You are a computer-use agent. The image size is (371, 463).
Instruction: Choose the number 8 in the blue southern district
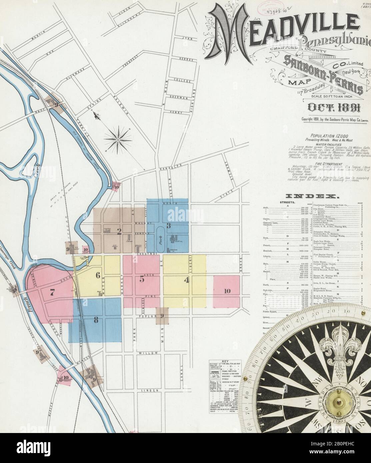(x=96, y=320)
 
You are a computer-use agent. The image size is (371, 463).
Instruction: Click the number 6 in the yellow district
(x=98, y=275)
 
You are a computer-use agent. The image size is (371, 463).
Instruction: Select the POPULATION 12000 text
(x=325, y=136)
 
